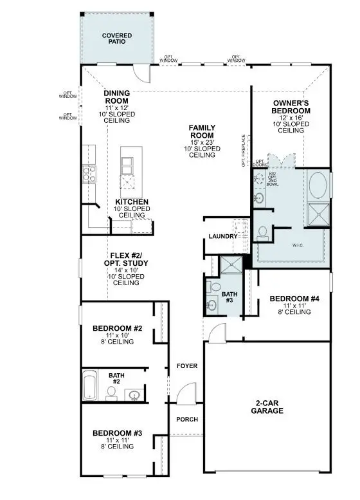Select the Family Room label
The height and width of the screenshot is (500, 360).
201,131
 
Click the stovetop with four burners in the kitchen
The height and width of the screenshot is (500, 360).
88,173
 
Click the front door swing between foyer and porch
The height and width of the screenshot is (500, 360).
186,393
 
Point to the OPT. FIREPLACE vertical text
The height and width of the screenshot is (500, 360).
243,150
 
